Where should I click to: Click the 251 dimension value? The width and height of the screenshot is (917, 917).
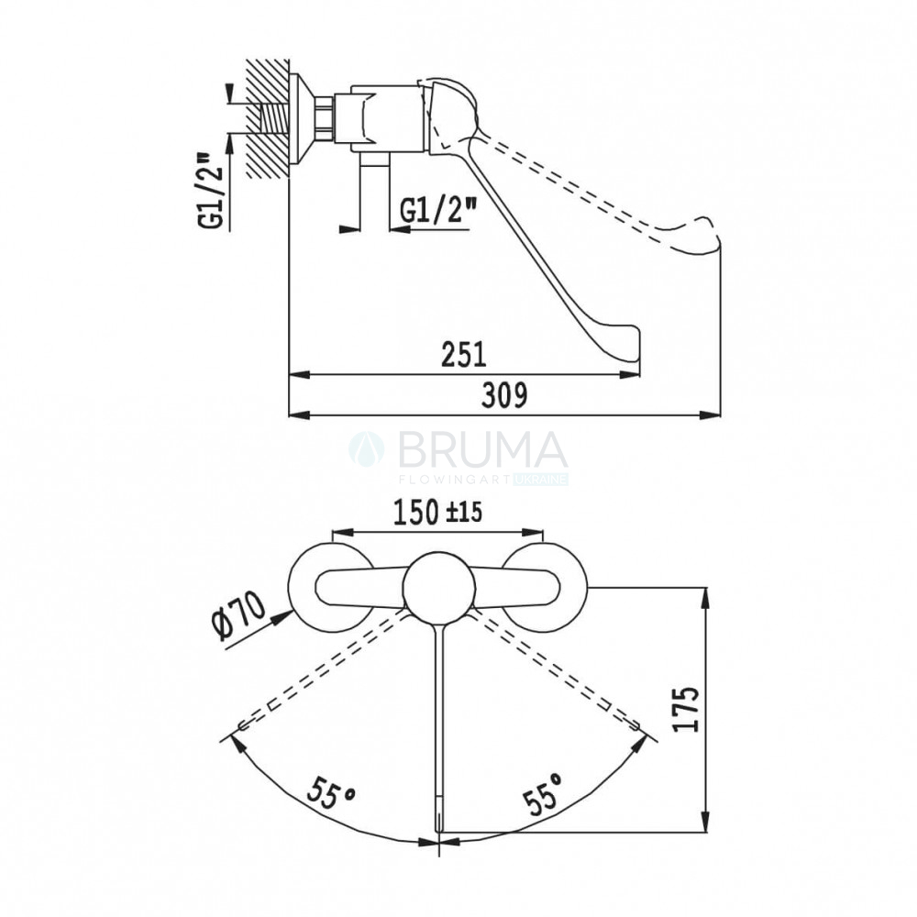464,354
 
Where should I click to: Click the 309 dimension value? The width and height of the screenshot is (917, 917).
504,394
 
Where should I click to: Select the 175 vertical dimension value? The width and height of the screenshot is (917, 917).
686,709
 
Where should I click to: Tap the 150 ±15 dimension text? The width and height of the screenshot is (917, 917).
437,513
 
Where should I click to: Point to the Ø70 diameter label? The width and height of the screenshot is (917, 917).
239,615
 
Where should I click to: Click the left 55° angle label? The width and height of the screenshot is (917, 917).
332,792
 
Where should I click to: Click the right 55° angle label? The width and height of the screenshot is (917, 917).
543,792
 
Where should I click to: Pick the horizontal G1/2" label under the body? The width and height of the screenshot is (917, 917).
438,210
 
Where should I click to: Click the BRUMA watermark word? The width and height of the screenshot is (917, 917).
482,449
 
